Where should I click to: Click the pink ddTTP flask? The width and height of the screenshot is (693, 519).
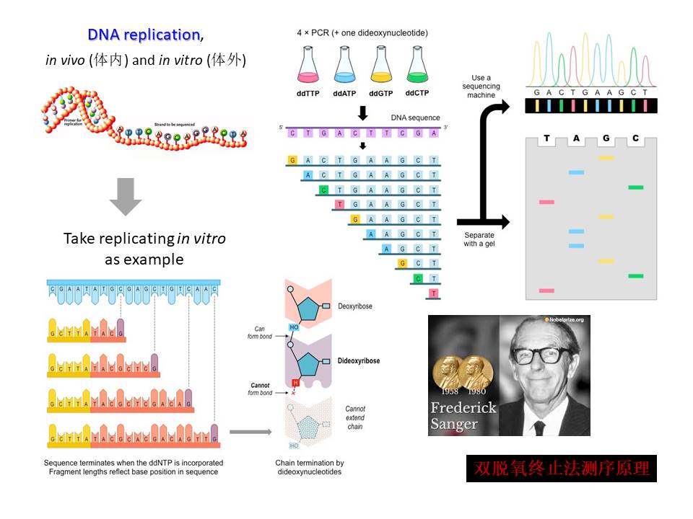(x=308, y=66)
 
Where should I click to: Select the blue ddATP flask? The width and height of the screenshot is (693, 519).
(x=344, y=66)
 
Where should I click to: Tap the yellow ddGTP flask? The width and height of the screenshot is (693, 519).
(x=380, y=66)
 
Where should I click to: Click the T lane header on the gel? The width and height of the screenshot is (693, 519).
(x=546, y=138)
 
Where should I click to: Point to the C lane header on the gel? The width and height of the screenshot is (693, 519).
(x=635, y=138)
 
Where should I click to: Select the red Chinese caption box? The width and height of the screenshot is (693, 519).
(x=561, y=468)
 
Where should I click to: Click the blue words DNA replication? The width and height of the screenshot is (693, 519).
(x=144, y=35)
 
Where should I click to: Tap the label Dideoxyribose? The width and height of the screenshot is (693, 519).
(x=359, y=360)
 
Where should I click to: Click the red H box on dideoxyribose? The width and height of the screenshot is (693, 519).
(x=295, y=382)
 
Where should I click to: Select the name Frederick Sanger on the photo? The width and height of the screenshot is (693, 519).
(x=463, y=415)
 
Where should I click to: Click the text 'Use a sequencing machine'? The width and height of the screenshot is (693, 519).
(x=481, y=86)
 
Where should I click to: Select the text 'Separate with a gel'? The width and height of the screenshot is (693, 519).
(x=480, y=239)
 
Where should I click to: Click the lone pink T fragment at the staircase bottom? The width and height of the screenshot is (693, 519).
(x=433, y=293)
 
